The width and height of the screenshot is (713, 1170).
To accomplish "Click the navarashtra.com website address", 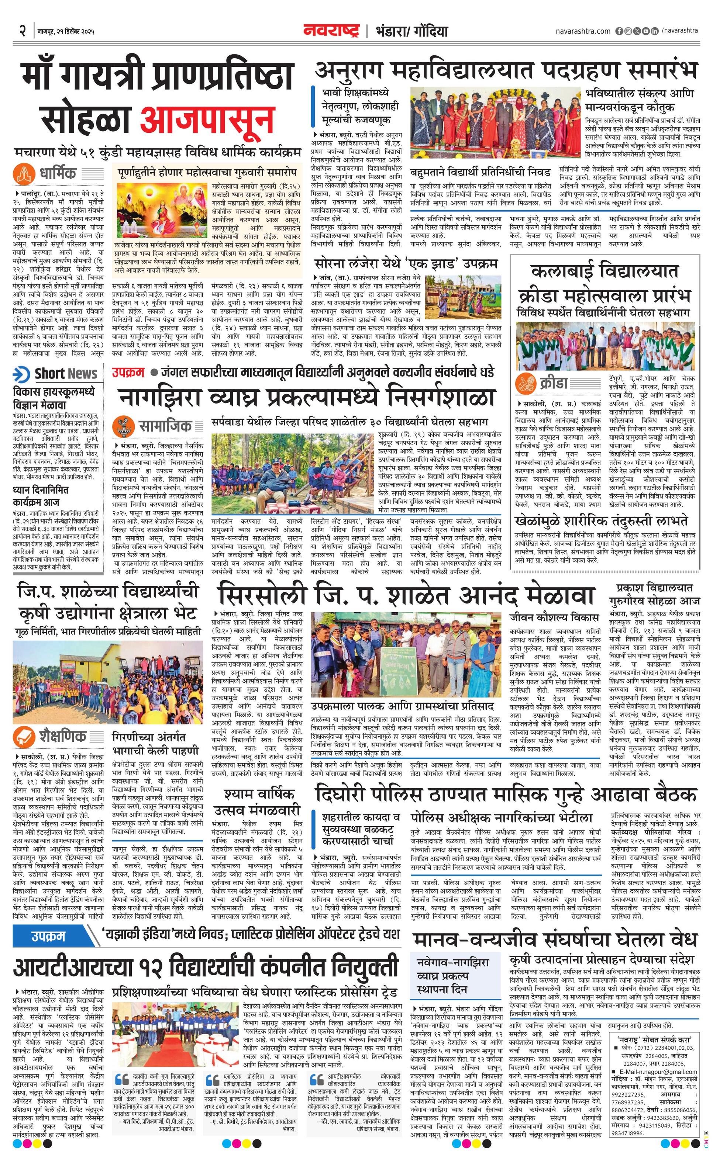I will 583,31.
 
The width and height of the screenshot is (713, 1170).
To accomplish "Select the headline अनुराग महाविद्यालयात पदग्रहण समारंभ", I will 506,71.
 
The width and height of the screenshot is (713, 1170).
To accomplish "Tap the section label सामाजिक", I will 165,425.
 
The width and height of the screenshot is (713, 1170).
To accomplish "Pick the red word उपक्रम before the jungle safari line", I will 128,372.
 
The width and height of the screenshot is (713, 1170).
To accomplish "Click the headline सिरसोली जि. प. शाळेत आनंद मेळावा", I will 406,596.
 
